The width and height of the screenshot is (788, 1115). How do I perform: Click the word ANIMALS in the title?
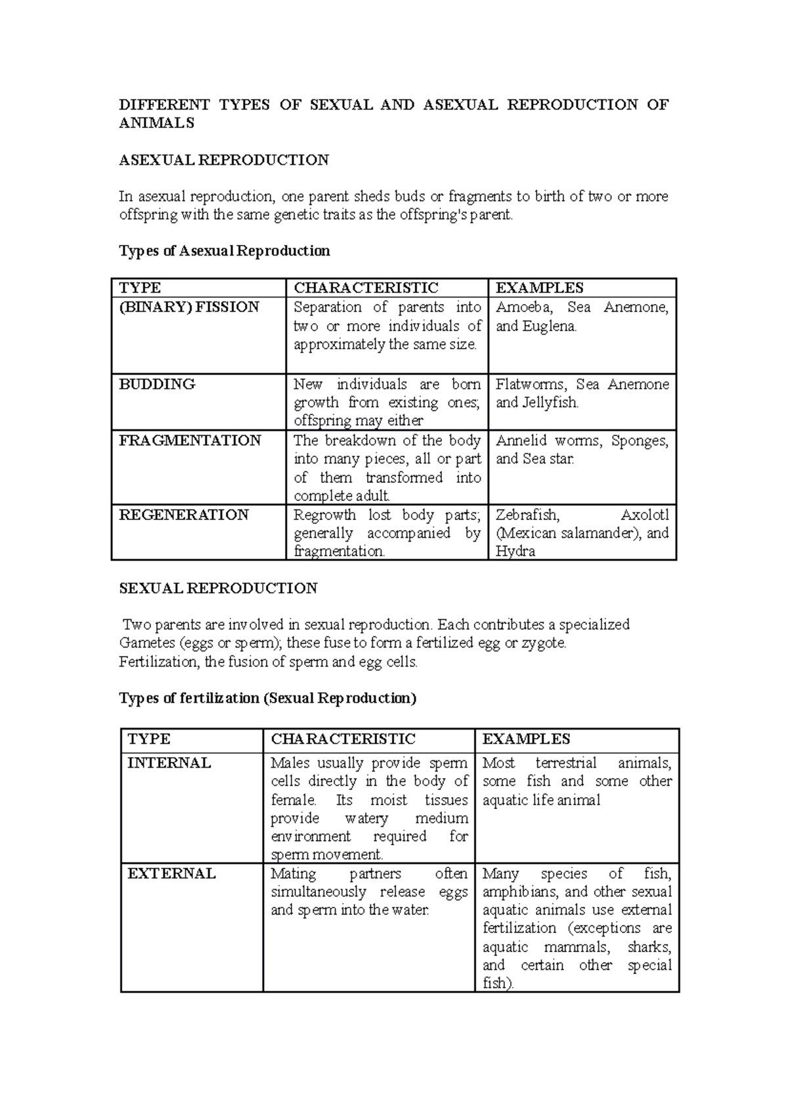pyautogui.click(x=156, y=123)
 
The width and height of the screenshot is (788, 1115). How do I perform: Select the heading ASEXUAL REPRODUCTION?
pyautogui.click(x=223, y=160)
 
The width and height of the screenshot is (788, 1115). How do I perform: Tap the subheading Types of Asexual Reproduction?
pyautogui.click(x=224, y=251)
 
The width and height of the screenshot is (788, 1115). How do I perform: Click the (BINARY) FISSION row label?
pyautogui.click(x=189, y=307)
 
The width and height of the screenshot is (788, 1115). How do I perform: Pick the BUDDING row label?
pyautogui.click(x=157, y=384)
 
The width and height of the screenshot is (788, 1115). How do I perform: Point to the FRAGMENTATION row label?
pyautogui.click(x=190, y=441)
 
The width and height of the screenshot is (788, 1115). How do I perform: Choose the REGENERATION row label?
pyautogui.click(x=184, y=515)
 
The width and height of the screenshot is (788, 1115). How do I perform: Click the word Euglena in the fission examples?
pyautogui.click(x=548, y=326)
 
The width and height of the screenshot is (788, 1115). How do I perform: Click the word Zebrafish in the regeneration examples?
pyautogui.click(x=527, y=515)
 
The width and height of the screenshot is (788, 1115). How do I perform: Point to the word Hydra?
pyautogui.click(x=515, y=552)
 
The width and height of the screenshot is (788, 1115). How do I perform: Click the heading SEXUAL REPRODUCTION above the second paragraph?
pyautogui.click(x=218, y=588)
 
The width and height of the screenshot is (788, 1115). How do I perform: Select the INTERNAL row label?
pyautogui.click(x=169, y=763)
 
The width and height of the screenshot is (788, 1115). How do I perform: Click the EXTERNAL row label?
pyautogui.click(x=171, y=873)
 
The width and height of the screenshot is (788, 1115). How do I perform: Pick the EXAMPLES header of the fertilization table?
pyautogui.click(x=526, y=739)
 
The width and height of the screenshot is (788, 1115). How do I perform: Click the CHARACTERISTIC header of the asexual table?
pyautogui.click(x=366, y=288)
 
